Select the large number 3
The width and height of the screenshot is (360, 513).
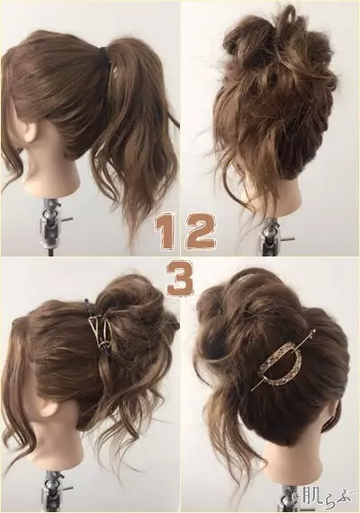pos(179,278)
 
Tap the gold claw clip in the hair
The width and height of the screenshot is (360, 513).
pos(100,330)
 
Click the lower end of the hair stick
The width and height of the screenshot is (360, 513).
pos(253,390)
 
